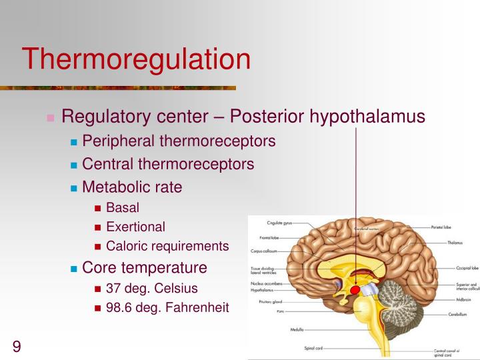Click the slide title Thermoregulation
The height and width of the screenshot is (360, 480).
point(136,59)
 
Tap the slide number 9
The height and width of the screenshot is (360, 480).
point(16,346)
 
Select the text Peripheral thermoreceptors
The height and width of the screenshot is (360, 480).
point(179,141)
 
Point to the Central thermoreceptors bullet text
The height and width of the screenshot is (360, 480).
point(168,164)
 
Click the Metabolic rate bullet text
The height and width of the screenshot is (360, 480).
point(132,187)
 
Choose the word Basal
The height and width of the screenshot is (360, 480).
point(123,208)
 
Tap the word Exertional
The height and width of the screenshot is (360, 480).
point(135,227)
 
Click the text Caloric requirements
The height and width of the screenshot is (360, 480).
point(167,246)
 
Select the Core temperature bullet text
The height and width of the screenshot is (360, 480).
point(145,268)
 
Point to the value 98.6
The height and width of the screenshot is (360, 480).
point(118,307)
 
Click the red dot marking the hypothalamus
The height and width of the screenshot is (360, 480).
point(354,291)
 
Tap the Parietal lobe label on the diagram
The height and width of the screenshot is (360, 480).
point(443,227)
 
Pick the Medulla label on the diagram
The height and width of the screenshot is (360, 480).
point(297,330)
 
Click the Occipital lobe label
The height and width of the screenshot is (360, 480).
point(466,268)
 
